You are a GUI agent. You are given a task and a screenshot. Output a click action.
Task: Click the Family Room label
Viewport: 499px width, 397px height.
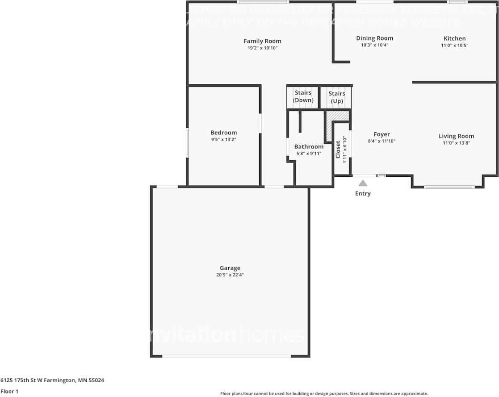pos(262,41)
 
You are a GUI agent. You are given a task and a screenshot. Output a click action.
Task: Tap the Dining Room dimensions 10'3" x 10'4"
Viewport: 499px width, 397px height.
pos(374,45)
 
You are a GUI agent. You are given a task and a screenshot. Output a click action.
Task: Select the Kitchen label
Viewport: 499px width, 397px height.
pos(454,38)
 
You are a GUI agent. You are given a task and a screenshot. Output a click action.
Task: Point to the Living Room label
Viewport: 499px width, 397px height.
pos(456,136)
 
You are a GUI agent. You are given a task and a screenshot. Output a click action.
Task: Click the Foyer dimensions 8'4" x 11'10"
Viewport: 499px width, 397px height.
pos(382,141)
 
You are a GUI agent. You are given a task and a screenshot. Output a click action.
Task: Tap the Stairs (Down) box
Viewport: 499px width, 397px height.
pos(302,97)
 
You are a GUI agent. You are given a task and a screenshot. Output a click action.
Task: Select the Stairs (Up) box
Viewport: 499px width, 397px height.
pos(336,97)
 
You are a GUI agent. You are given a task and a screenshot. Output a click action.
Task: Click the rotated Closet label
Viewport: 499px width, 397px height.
pos(338,149)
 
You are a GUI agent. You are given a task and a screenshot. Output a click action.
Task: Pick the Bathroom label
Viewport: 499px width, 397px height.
pos(309,146)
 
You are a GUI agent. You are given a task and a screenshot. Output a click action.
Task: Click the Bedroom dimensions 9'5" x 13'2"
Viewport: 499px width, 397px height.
pos(223,139)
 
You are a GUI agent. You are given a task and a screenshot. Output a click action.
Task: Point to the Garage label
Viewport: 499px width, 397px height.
pos(230,268)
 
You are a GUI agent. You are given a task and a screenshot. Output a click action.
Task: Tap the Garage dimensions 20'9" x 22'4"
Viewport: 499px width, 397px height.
pos(230,275)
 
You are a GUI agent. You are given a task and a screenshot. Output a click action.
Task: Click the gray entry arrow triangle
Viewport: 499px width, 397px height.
pos(363,183)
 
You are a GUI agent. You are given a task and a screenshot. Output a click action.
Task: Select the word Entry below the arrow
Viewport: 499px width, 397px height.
pos(363,193)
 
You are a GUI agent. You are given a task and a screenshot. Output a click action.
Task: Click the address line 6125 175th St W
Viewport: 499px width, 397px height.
pos(52,380)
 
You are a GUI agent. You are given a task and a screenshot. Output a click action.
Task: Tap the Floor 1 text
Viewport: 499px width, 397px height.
pos(9,391)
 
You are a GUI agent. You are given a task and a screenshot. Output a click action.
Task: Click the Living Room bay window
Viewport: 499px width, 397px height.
pos(449,187)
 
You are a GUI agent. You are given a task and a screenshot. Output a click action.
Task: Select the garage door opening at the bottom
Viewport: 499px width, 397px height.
pos(226,356)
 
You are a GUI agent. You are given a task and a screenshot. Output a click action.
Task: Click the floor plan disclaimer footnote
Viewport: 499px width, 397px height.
pos(324,393)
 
